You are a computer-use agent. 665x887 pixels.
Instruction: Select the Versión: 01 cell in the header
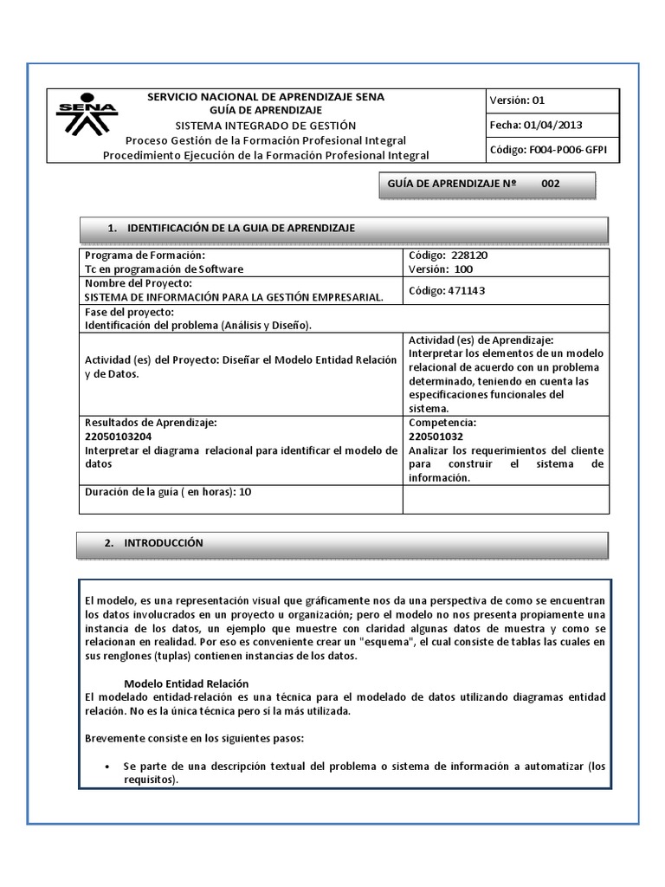point(517,100)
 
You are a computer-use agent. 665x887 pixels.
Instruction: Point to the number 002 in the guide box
point(551,184)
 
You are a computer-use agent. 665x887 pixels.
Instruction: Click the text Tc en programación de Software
point(165,269)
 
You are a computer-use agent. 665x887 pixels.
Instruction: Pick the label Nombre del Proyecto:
point(138,283)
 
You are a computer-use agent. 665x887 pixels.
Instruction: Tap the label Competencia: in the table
point(442,422)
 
